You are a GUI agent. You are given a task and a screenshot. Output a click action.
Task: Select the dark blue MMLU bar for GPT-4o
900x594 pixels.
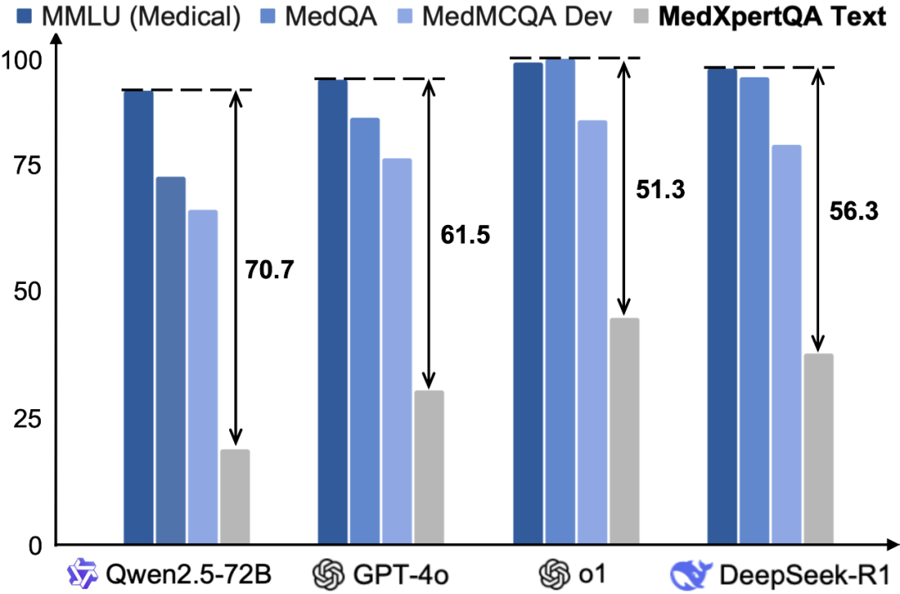[x=333, y=312]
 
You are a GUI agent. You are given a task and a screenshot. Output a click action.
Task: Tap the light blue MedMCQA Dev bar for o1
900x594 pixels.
[x=592, y=332]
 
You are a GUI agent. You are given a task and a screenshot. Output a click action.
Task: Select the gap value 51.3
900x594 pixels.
[x=660, y=190]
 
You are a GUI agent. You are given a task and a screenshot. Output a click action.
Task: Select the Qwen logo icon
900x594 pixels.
[x=83, y=574]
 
